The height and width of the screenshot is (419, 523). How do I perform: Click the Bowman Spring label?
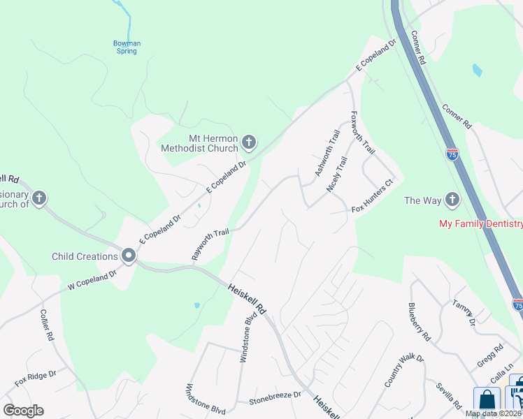pos(127,47)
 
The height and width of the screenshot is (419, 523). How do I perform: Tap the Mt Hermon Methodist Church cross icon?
pos(248,144)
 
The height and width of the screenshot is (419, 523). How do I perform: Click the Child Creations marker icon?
pos(129,256)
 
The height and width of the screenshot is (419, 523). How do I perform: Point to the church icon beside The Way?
pos(452,200)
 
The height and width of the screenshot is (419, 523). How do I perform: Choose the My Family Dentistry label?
pos(480,223)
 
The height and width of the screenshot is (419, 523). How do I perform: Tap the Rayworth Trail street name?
pos(210,244)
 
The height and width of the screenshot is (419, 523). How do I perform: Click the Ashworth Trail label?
pos(327,154)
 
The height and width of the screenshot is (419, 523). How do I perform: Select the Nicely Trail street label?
pos(337,175)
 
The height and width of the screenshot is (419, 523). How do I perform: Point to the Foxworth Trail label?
pos(363,133)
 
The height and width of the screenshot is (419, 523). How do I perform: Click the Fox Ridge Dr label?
pos(36,378)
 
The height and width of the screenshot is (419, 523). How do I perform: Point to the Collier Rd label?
pos(47,325)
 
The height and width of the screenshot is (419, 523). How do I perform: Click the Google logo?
pos(23,411)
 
